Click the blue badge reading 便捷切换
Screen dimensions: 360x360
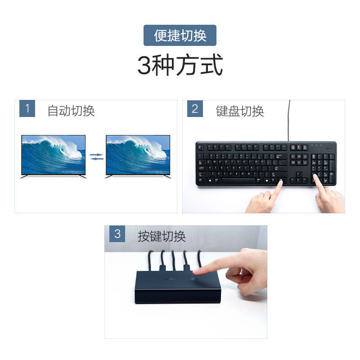tap(180, 35)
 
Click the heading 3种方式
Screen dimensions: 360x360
tap(180, 66)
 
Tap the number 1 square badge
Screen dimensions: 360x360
tap(27, 109)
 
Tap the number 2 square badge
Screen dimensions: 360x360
tap(195, 109)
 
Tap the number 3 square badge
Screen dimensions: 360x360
tap(117, 234)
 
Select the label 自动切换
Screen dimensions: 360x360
tap(71, 111)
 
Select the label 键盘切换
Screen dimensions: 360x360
tap(240, 111)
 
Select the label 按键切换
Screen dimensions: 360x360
tap(162, 236)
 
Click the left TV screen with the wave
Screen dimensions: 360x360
tap(53, 154)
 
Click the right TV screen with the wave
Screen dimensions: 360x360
tap(138, 154)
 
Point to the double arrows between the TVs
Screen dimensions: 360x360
tap(96, 156)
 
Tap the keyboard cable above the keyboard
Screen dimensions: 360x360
tap(289, 119)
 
